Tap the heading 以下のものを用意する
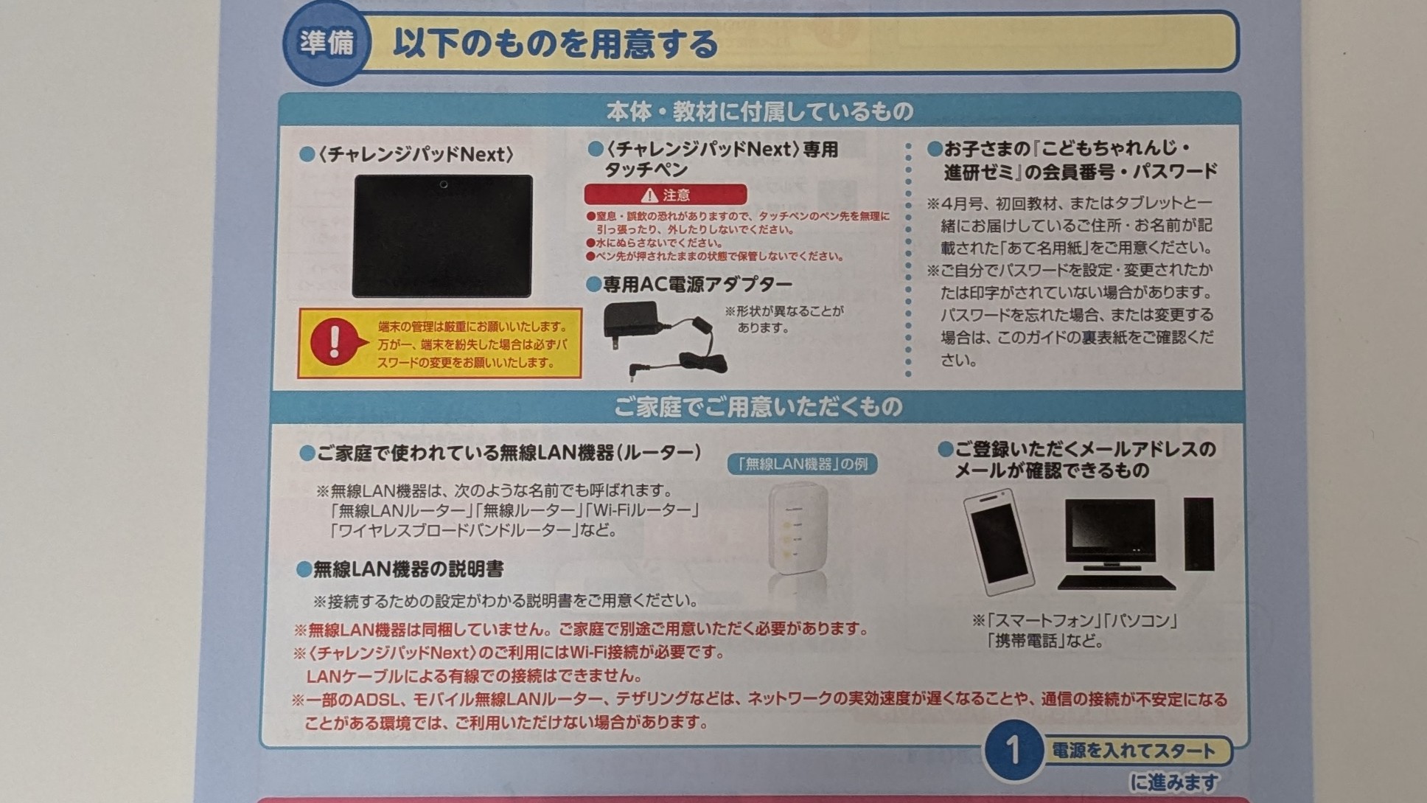[x=555, y=44]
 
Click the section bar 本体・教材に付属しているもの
[x=759, y=111]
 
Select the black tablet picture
[x=442, y=236]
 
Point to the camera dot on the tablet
[x=443, y=184]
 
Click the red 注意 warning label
[x=665, y=195]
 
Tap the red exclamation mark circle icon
[x=335, y=341]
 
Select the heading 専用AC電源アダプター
[x=697, y=285]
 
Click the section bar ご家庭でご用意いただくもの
[x=758, y=407]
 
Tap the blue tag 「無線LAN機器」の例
[x=802, y=464]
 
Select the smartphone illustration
[x=999, y=542]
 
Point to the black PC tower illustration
[x=1199, y=534]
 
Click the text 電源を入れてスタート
[x=1133, y=751]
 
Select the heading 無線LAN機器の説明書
[x=408, y=569]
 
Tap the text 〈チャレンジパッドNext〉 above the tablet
[x=416, y=155]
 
